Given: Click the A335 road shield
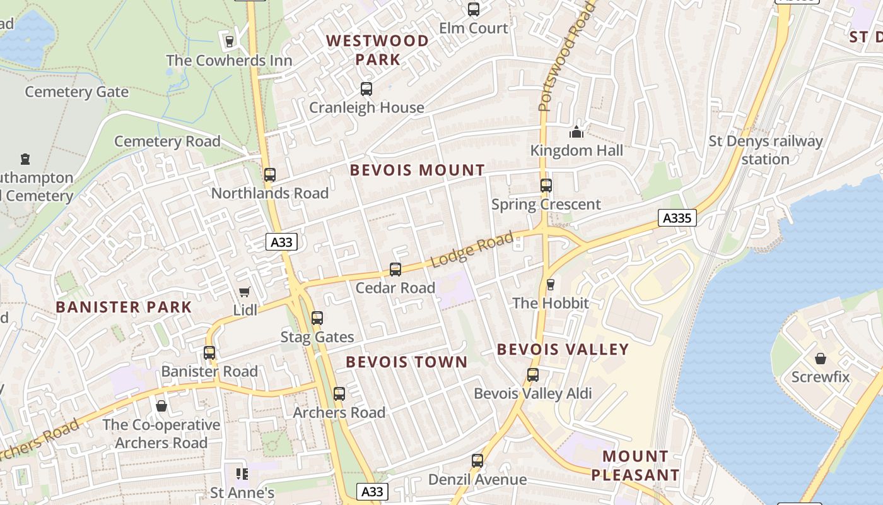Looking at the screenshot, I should point(678,218).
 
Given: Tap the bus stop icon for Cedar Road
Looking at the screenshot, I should point(395,270).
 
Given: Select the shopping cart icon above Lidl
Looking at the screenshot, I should point(245,292).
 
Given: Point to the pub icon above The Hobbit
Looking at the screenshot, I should point(551,285).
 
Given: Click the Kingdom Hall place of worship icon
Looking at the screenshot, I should point(576,132).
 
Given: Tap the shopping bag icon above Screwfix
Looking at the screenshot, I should point(821,359).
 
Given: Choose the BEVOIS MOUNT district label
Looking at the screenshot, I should point(418,170).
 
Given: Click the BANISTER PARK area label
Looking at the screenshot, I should point(124,307).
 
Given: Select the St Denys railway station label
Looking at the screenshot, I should point(766,150).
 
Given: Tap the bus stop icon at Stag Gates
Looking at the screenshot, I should point(317,318).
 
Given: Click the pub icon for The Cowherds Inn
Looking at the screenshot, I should point(230,42).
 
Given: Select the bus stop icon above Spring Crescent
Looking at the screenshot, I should point(546,186).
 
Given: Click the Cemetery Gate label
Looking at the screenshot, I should point(76,92).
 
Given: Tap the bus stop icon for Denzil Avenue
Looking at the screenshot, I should point(477,461).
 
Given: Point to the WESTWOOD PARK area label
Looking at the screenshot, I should point(377,50).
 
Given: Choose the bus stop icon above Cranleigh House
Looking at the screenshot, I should point(366,89).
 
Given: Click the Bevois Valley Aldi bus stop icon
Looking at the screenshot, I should point(533,375).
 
